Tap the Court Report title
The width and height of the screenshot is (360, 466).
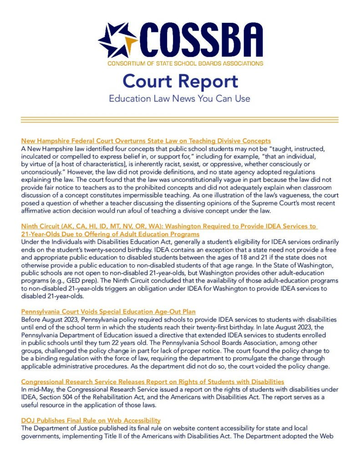point(180,81)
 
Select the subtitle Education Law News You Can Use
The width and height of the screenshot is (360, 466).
point(180,98)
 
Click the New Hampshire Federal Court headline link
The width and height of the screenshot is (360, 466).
point(146,141)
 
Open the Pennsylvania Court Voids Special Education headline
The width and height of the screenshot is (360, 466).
point(108,312)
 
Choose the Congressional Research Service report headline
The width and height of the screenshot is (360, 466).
point(152,381)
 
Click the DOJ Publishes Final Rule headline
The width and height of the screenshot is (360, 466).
point(91,420)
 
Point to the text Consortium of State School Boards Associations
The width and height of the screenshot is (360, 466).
point(185,63)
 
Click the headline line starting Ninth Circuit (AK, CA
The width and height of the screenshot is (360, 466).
point(168,226)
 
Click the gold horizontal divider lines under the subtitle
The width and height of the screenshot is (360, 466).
point(180,120)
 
